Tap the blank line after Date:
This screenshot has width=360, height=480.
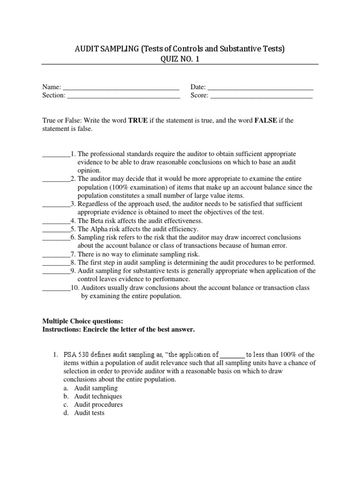(x=260, y=88)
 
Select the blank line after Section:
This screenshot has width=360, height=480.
(x=124, y=96)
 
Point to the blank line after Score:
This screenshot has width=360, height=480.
(x=262, y=96)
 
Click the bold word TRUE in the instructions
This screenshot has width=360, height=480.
(x=138, y=120)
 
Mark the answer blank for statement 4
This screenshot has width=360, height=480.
(x=56, y=221)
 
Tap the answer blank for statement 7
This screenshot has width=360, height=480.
(x=56, y=255)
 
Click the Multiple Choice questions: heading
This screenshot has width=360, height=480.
(x=82, y=321)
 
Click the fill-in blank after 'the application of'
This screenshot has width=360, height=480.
(x=232, y=355)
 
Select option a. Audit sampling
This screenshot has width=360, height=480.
(x=96, y=388)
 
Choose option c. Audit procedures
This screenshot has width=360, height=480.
(x=98, y=405)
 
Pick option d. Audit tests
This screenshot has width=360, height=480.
(x=89, y=413)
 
